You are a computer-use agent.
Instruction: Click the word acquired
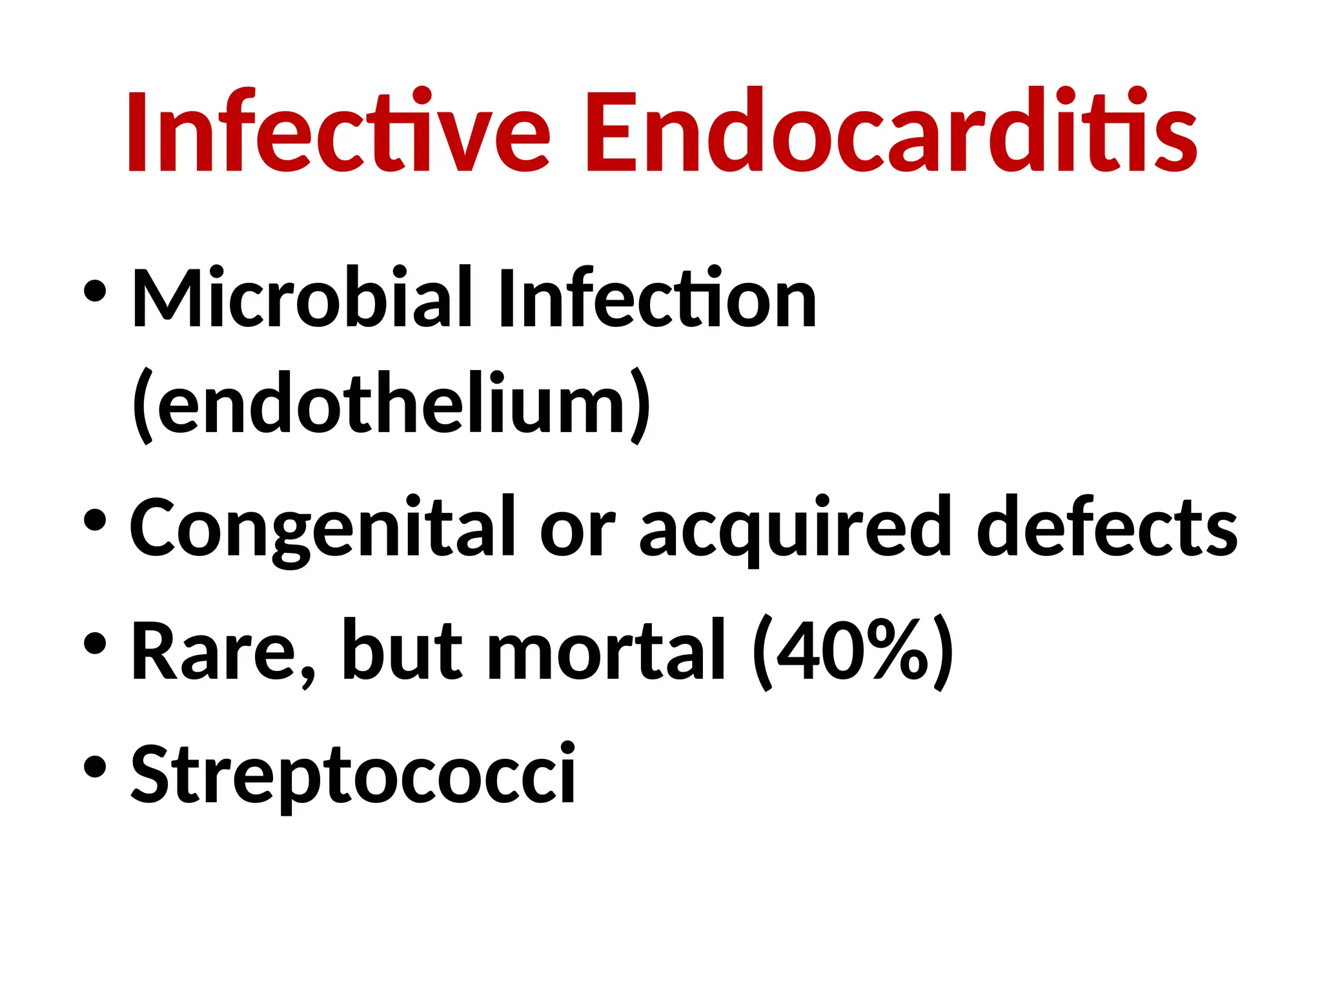click(x=795, y=526)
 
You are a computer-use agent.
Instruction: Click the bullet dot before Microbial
click(x=95, y=291)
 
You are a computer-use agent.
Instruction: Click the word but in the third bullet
click(x=402, y=650)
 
